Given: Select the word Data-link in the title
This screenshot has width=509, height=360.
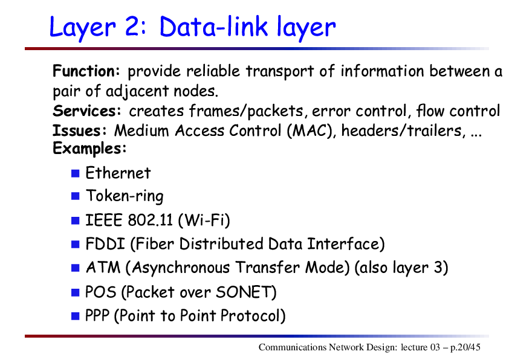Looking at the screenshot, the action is click(x=213, y=26).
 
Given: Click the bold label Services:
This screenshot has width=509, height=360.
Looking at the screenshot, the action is click(x=86, y=111).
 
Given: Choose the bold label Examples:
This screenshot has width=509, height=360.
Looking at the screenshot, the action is click(x=89, y=149).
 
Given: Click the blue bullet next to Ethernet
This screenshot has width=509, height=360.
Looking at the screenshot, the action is click(x=76, y=173).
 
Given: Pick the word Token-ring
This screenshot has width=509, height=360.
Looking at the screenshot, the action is click(x=125, y=196).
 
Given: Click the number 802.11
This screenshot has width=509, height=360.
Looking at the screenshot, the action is click(x=151, y=220).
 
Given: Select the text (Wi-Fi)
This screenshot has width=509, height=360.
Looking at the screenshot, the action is click(x=204, y=220).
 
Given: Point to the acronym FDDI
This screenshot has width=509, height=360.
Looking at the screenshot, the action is click(x=105, y=244).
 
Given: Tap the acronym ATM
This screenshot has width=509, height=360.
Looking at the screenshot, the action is click(x=103, y=268).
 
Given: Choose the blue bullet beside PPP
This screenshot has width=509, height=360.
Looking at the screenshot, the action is click(x=76, y=316).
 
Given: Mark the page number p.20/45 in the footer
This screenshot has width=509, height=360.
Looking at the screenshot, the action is click(x=465, y=348).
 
